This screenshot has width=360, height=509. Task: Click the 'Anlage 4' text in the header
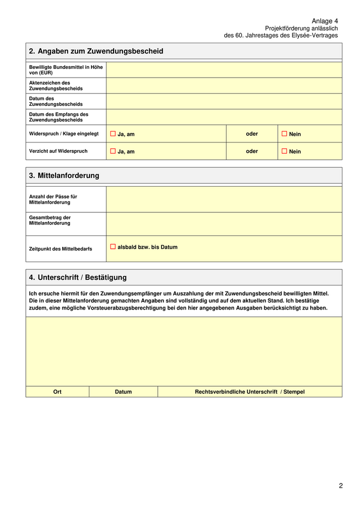(325, 21)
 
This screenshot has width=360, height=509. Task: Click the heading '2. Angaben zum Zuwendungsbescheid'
(96, 51)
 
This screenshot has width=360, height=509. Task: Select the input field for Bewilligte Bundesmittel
(224, 70)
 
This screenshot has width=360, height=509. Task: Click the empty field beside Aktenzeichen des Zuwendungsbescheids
(224, 85)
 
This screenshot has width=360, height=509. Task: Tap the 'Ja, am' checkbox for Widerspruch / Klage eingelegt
(113, 134)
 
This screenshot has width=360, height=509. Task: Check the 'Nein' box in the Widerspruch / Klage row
(284, 134)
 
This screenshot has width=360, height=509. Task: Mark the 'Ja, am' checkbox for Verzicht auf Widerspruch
(113, 151)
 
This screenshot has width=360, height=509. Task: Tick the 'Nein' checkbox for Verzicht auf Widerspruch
(284, 151)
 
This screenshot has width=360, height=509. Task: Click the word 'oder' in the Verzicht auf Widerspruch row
(251, 151)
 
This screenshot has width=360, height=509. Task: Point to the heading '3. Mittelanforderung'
(64, 175)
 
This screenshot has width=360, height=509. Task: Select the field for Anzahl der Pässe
(224, 199)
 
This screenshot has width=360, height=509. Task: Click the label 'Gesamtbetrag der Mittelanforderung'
(50, 221)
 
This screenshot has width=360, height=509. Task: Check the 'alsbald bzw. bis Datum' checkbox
(113, 247)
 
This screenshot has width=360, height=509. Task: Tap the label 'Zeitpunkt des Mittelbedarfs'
(61, 249)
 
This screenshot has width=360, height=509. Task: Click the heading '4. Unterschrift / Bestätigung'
(78, 277)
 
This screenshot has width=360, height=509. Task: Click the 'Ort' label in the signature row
(57, 392)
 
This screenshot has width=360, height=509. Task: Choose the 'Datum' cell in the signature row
(123, 392)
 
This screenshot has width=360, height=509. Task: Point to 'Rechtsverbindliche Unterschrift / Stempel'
(249, 392)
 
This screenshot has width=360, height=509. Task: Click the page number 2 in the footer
(340, 486)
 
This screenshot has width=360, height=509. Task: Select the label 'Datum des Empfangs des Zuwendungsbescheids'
(59, 117)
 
